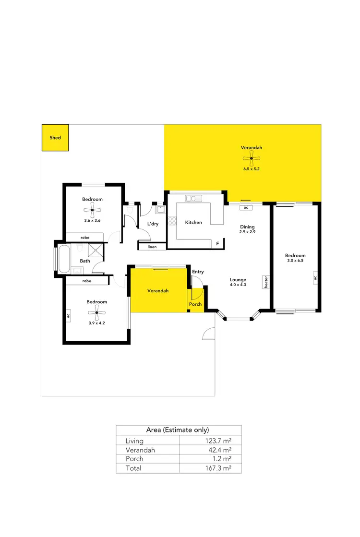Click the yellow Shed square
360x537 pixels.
[x=55, y=138]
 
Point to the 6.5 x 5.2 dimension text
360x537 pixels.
[x=252, y=169]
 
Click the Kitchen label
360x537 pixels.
[x=193, y=222]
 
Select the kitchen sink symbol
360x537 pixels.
[x=194, y=198]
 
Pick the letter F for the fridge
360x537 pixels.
[x=217, y=244]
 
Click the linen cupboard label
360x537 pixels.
[x=152, y=247]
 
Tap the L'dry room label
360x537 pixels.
[x=153, y=224]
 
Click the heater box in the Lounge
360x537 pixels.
[x=265, y=282]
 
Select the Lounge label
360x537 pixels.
[x=238, y=280]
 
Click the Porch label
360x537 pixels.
[x=195, y=304]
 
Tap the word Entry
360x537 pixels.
[x=198, y=272]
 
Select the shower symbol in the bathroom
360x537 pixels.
[x=96, y=251]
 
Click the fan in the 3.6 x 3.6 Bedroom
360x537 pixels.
[x=92, y=209]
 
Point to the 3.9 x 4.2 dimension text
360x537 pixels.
[x=96, y=322]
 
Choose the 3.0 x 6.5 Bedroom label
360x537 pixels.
[x=295, y=256]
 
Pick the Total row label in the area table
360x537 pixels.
[x=133, y=468]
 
